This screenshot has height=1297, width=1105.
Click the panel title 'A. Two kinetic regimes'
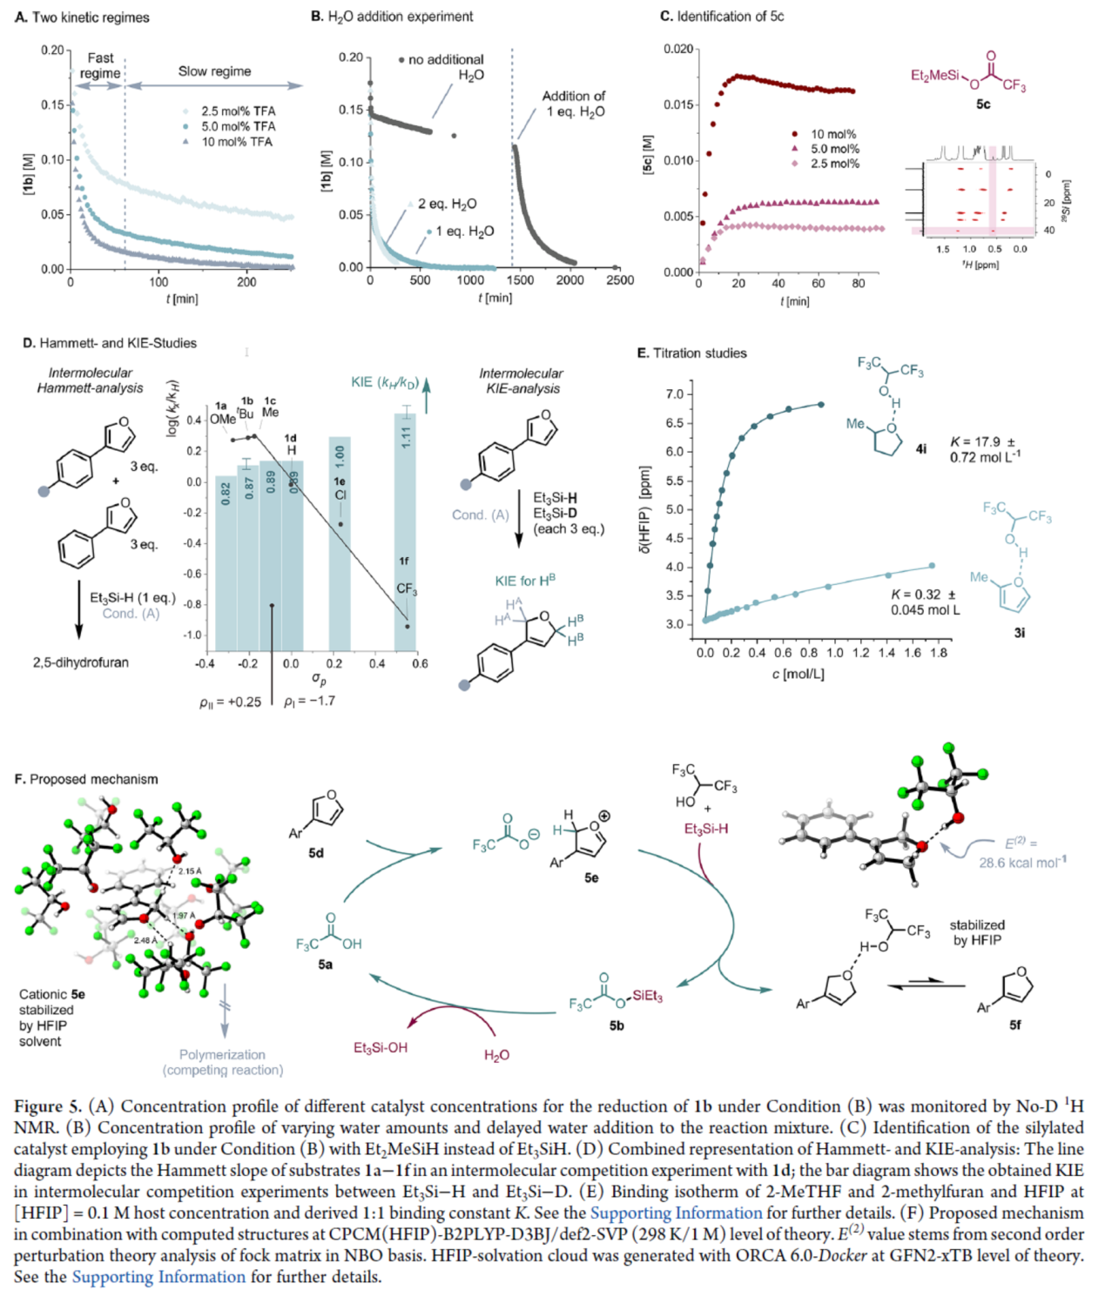82,17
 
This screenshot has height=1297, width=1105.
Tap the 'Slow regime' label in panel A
214,71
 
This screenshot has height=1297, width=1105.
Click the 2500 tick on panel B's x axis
619,280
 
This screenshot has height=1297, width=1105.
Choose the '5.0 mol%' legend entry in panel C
834,149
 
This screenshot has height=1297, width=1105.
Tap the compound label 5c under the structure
982,104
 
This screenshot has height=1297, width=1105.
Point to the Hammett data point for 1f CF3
407,626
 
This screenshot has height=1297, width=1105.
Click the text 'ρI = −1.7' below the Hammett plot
309,702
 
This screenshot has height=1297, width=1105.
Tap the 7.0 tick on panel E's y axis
675,394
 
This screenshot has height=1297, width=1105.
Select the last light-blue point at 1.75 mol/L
932,566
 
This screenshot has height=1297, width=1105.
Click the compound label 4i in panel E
921,449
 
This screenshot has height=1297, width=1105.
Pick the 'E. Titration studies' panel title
691,353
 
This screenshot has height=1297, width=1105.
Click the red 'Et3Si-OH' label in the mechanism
381,1048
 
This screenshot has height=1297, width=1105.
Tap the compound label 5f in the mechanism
1015,1025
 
